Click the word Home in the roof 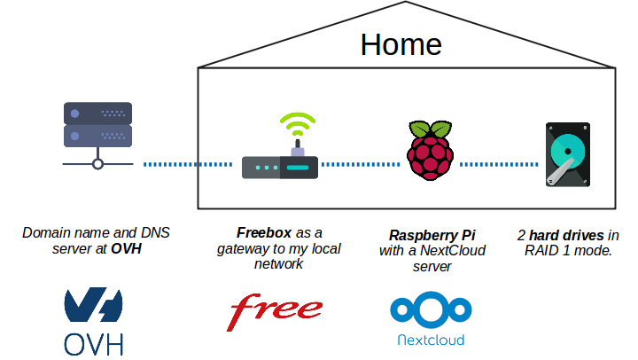point(401,44)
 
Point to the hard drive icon point(567,154)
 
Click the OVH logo point(94,319)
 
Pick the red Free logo point(276,311)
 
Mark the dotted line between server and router point(186,164)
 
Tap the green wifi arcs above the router point(297,122)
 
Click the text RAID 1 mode point(569,252)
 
